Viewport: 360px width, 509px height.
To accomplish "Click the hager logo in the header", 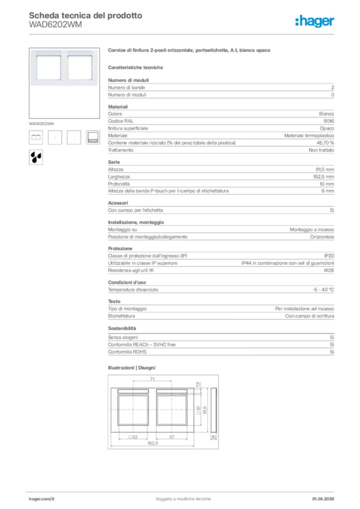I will (314, 21).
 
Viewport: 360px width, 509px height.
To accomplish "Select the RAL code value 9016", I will (329, 121).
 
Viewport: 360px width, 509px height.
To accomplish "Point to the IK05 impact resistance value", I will (329, 270).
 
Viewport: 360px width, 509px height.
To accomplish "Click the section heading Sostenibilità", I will (122, 329).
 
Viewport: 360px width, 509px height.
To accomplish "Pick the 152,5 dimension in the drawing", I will (153, 443).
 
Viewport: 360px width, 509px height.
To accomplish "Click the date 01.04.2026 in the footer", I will (323, 499).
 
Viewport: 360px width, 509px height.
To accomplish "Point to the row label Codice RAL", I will (121, 121).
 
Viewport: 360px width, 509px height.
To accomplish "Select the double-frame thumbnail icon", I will (36, 137).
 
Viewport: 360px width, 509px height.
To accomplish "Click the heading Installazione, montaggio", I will (136, 222).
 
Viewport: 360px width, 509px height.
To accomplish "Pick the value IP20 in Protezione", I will (329, 255).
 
